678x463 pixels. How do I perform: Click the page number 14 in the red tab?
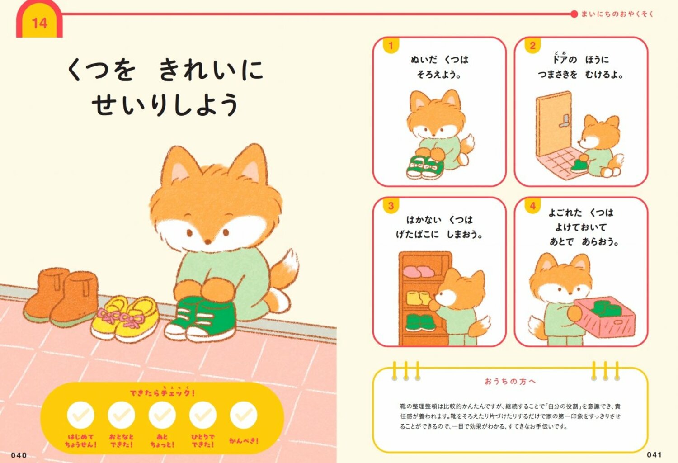click(39, 23)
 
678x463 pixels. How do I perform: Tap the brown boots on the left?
click(61, 296)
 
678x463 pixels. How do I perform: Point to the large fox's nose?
click(207, 242)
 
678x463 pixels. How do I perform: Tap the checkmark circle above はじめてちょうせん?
click(80, 415)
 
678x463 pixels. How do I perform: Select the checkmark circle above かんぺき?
click(244, 415)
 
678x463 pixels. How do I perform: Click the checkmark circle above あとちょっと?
click(162, 415)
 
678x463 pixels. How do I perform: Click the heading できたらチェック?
click(162, 392)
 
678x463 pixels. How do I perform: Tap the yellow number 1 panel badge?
click(391, 45)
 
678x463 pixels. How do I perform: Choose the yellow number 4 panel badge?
click(532, 206)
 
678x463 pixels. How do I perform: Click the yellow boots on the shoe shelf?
click(419, 298)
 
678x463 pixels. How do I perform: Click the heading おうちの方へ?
click(510, 382)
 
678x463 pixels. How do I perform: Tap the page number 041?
click(654, 455)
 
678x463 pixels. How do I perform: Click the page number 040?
click(19, 455)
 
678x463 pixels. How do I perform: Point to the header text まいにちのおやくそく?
click(617, 14)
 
